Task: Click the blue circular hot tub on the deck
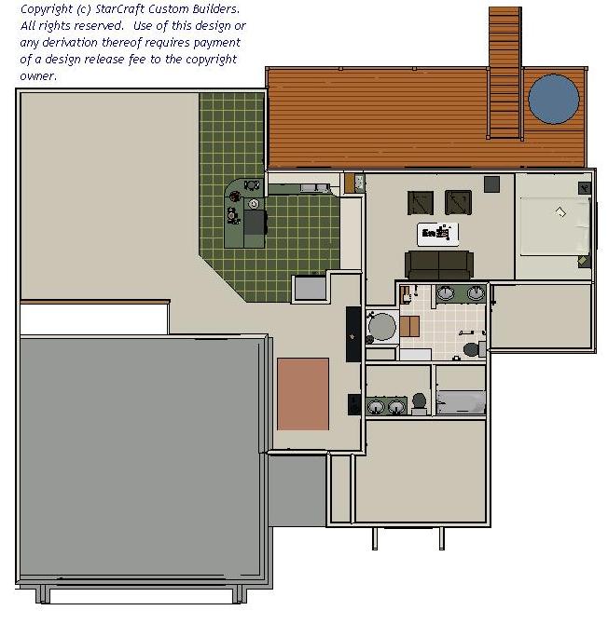(x=553, y=99)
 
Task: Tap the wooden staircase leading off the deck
(x=504, y=73)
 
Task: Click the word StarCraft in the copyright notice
(x=119, y=8)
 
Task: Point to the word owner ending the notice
(x=37, y=75)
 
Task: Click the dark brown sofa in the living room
(x=439, y=265)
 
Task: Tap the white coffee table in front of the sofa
(x=438, y=234)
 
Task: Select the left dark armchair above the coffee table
(x=421, y=203)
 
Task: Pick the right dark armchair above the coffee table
(x=458, y=202)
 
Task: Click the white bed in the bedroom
(x=555, y=226)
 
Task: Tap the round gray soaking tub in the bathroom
(x=381, y=327)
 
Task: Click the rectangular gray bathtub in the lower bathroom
(x=461, y=402)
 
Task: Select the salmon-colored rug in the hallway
(x=303, y=394)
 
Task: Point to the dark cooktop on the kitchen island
(x=255, y=223)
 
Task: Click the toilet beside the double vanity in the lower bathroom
(x=419, y=402)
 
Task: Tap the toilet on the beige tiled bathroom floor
(x=474, y=349)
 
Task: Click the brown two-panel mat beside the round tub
(x=409, y=326)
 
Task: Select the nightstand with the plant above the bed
(x=584, y=188)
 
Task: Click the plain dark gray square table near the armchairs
(x=491, y=184)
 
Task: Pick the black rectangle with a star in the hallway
(x=353, y=334)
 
